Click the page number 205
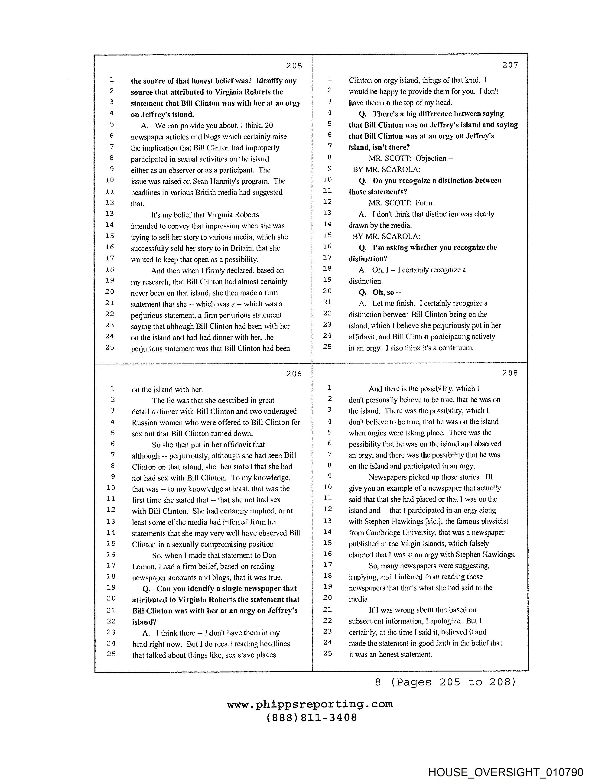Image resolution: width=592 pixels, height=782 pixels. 294,66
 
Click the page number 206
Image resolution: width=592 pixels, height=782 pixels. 294,374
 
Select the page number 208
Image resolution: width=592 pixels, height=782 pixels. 510,373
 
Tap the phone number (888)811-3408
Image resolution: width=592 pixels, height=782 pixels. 312,717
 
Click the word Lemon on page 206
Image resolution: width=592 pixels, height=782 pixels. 143,567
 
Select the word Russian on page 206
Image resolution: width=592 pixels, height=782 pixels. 145,422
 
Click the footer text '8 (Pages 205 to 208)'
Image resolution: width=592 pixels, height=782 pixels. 446,682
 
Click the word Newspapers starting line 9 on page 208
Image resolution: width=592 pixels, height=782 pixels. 388,477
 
